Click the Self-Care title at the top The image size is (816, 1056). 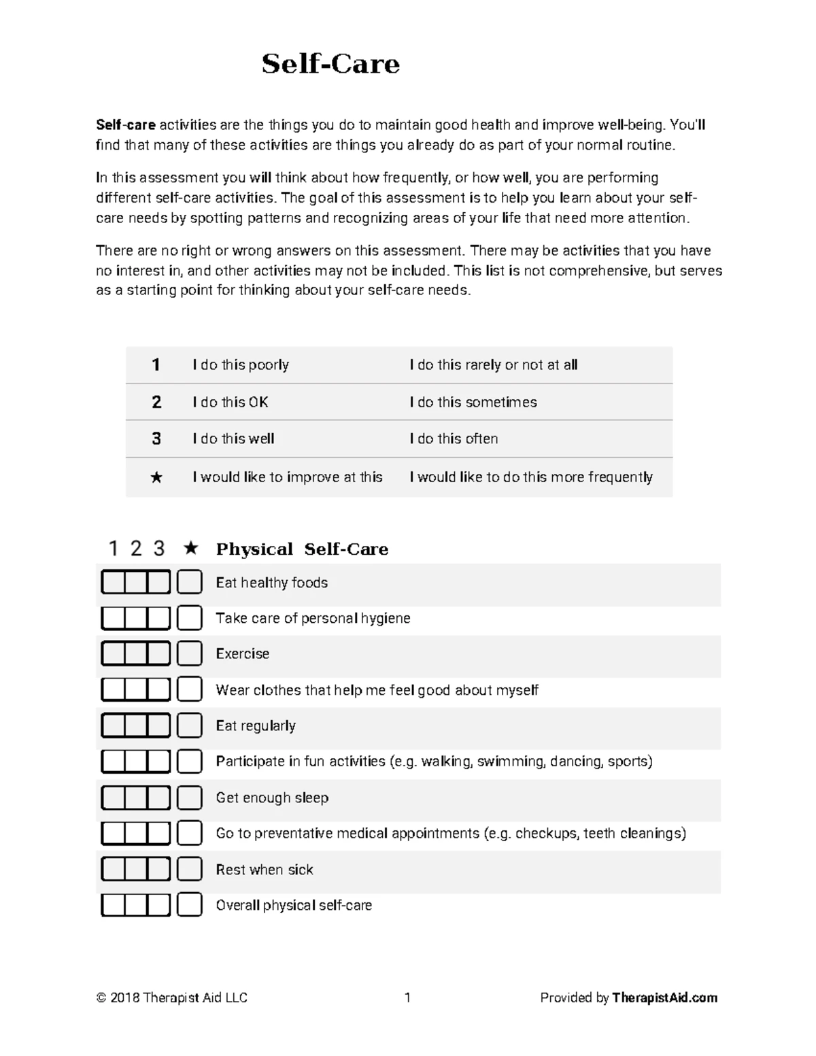click(x=330, y=64)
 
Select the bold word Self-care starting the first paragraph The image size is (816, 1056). click(x=126, y=125)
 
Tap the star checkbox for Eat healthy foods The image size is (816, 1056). click(x=190, y=582)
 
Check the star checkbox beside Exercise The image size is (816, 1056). click(x=190, y=653)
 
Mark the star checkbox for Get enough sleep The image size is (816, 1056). click(x=190, y=798)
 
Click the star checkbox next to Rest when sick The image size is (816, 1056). click(x=190, y=869)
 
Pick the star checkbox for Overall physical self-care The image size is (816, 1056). click(x=190, y=905)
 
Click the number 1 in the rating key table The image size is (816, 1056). click(x=156, y=365)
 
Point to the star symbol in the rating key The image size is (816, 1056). click(x=156, y=477)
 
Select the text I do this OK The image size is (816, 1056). click(x=231, y=403)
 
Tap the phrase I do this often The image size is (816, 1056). click(x=454, y=439)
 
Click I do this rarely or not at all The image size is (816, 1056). click(x=493, y=365)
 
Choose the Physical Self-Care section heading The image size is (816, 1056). click(x=302, y=549)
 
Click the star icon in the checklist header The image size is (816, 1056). click(x=191, y=548)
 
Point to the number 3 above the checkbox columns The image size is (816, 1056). click(x=159, y=548)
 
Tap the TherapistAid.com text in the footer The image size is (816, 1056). click(x=664, y=998)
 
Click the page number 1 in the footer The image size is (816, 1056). click(x=407, y=998)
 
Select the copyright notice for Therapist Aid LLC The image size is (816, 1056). click(x=172, y=998)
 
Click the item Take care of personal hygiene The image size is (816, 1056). click(x=313, y=618)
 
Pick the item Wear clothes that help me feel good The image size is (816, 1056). click(x=377, y=690)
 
